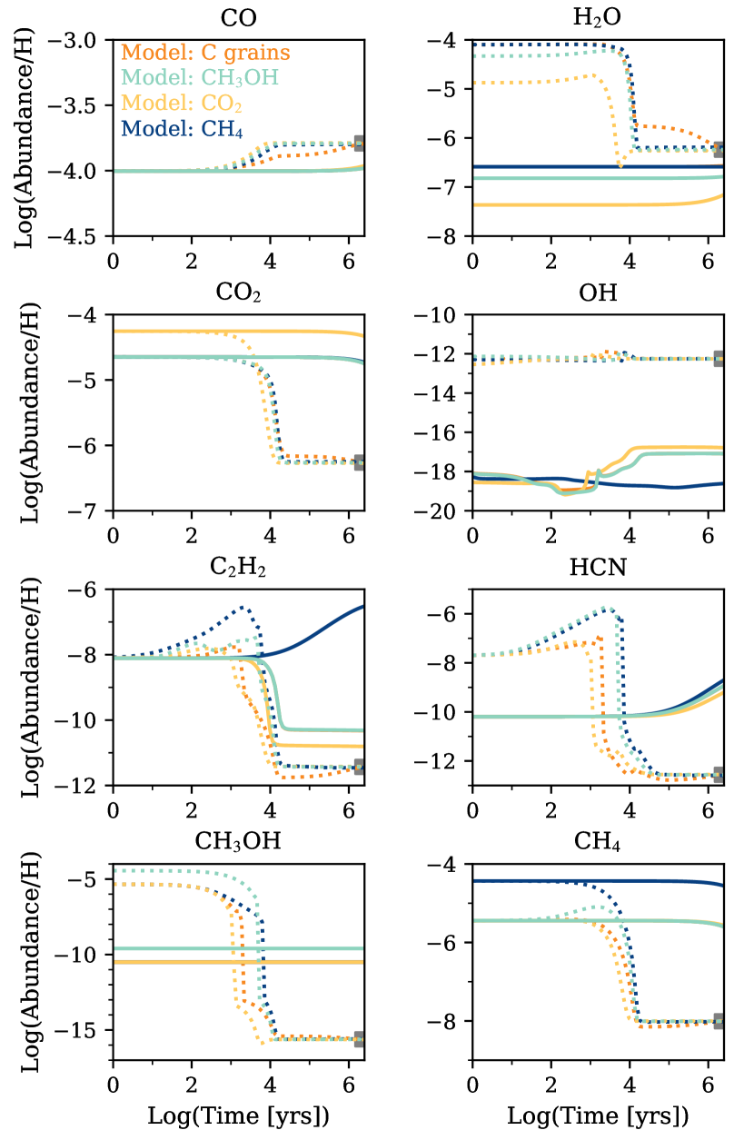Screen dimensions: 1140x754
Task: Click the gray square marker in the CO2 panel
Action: [360, 462]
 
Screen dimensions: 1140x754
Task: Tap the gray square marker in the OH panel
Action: [719, 358]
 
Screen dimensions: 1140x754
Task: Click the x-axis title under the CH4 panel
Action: [598, 1115]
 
